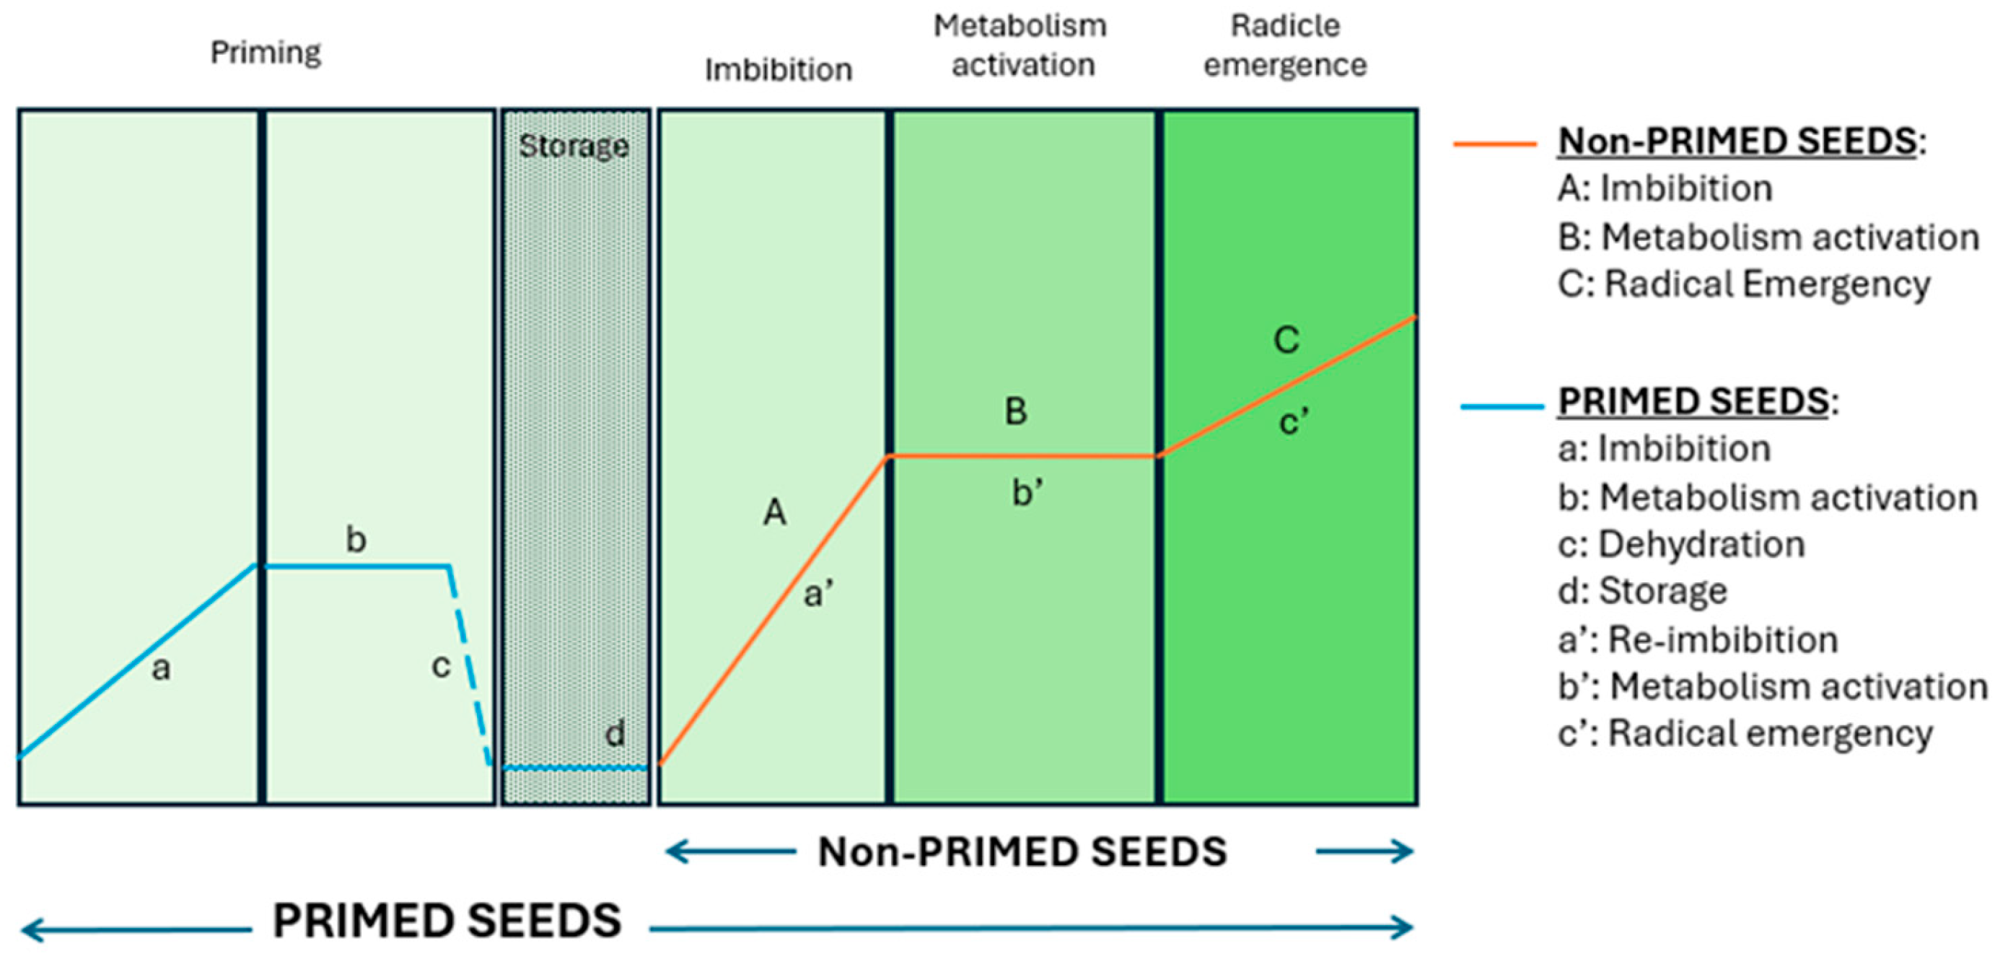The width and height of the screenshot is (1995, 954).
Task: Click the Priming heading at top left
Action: [266, 53]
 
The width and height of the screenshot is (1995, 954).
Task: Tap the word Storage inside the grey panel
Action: [573, 146]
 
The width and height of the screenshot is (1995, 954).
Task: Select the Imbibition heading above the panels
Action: [779, 70]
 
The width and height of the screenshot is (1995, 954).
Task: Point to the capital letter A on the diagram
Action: [775, 512]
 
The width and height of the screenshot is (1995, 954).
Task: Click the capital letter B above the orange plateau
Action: [1016, 411]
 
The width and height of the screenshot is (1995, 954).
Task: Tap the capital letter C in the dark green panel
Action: [1286, 340]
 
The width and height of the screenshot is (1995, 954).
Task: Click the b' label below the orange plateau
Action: [1027, 492]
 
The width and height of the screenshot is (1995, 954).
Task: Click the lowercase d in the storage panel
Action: [615, 733]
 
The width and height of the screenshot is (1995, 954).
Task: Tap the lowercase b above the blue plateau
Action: [356, 539]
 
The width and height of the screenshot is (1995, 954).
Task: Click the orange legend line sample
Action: [1495, 144]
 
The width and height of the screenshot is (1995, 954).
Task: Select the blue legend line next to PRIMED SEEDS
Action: [1501, 406]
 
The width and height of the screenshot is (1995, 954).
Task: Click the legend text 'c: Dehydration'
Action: [1680, 544]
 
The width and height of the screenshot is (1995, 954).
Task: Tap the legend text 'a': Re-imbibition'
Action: [1698, 639]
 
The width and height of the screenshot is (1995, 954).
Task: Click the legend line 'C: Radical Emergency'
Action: [1743, 284]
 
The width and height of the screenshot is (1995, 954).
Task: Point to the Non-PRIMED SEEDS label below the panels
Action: [1022, 852]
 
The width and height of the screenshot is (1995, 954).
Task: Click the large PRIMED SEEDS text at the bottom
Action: [447, 921]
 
